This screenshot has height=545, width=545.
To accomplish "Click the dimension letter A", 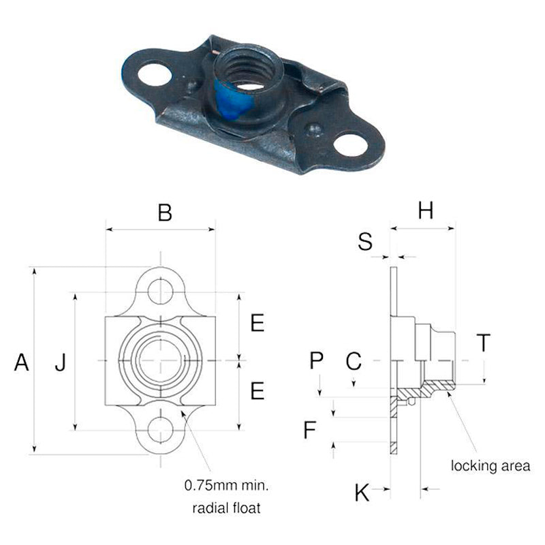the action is click(x=22, y=362).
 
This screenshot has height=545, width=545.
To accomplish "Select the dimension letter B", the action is click(x=165, y=213).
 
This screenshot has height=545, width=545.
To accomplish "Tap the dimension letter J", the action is click(x=61, y=362).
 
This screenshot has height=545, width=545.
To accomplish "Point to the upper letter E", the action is click(x=258, y=322).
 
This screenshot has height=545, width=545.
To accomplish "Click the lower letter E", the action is click(x=258, y=390).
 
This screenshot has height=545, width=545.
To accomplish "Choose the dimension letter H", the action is click(x=426, y=211).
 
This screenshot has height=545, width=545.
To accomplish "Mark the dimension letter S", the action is click(x=365, y=241).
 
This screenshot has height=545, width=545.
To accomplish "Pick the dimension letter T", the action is click(x=484, y=343).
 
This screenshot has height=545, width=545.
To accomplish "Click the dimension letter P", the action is click(x=316, y=360).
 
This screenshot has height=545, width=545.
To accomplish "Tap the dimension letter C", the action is click(x=354, y=360).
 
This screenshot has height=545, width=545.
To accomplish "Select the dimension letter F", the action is click(x=310, y=429).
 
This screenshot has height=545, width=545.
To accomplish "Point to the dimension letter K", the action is click(x=362, y=492).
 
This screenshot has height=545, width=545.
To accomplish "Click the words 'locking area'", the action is click(x=490, y=466).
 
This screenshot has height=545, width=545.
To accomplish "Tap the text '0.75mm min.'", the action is click(x=226, y=485).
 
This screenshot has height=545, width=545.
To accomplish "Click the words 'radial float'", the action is click(x=226, y=508).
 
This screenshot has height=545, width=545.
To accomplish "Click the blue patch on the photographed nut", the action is click(x=230, y=100).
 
